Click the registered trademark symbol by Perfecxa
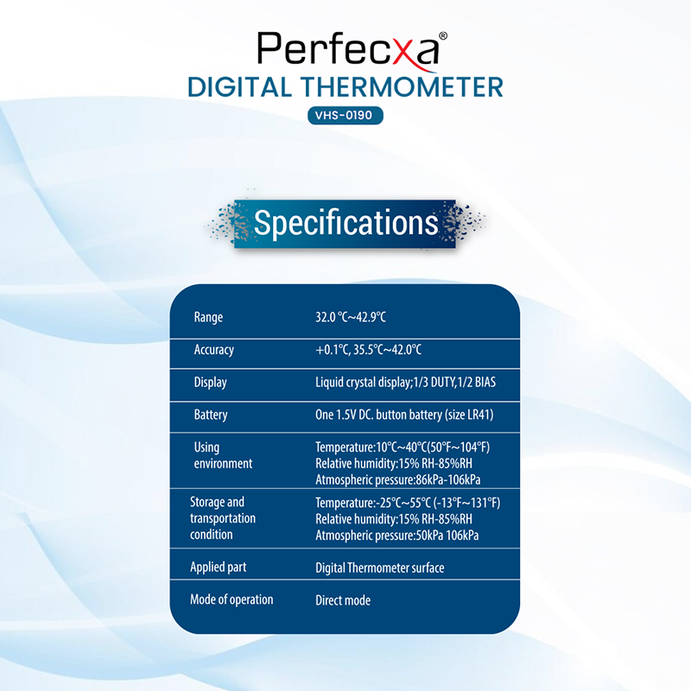tap(443, 35)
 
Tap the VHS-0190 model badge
tap(345, 116)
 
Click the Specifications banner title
tap(346, 223)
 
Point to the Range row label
tap(208, 318)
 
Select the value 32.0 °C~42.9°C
tap(351, 317)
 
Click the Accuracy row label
tap(214, 350)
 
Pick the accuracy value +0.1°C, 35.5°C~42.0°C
tap(368, 350)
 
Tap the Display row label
tap(211, 383)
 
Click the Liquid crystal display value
tap(405, 382)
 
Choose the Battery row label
tap(211, 415)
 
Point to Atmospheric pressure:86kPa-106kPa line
tap(397, 479)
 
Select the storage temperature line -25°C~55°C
tap(408, 503)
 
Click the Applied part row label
tap(219, 567)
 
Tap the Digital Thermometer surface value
tap(379, 567)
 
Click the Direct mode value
tap(343, 600)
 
